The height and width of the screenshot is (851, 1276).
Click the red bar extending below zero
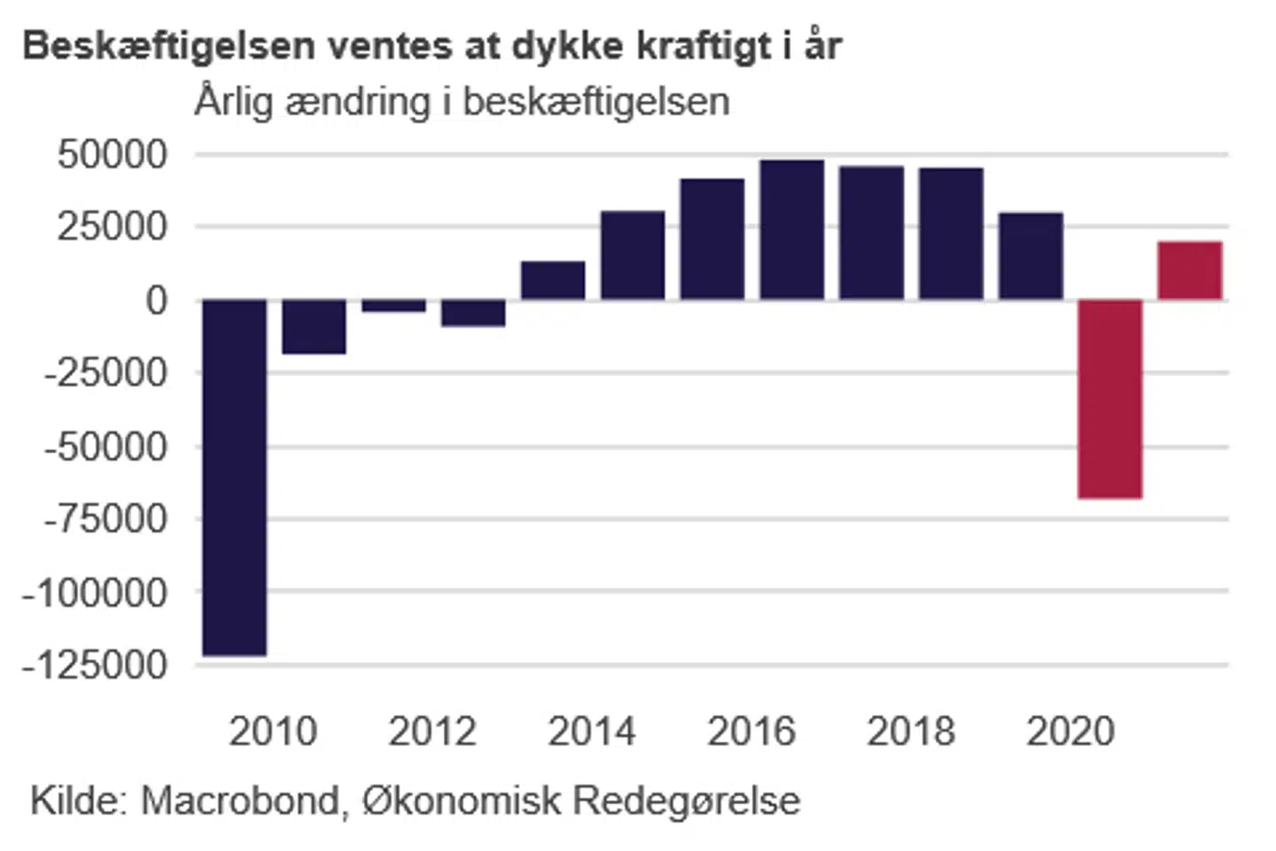[1110, 399]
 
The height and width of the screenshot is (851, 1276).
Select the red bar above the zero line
[1190, 270]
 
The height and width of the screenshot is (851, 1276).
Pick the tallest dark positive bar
[792, 230]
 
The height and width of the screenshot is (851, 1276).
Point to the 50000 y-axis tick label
[113, 154]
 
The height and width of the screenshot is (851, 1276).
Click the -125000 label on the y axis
[95, 664]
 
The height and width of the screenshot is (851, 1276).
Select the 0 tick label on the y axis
[157, 301]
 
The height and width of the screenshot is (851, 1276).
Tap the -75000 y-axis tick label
[105, 519]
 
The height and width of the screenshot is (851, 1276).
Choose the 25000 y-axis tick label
[113, 227]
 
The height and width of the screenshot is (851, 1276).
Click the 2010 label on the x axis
[273, 731]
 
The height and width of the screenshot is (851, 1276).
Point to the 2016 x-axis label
[751, 731]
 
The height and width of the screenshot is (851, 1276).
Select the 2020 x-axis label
[1070, 731]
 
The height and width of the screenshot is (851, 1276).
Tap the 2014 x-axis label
[592, 731]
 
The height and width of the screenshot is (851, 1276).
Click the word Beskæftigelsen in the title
[168, 46]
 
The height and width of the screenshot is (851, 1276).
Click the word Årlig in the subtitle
[234, 102]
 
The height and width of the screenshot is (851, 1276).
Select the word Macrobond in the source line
[240, 800]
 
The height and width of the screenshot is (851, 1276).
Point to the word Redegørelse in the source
[687, 800]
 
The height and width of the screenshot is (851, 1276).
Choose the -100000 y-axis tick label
[95, 591]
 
